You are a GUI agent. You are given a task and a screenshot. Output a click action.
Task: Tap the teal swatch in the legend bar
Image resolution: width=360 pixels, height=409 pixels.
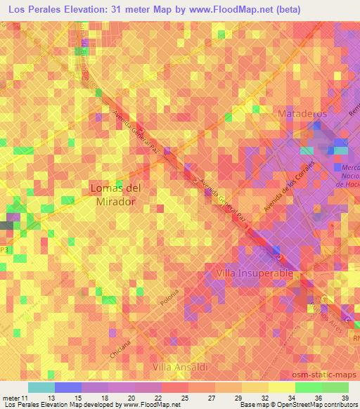coord(41,387)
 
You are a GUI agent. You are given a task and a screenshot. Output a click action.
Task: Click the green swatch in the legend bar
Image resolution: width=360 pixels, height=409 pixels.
coord(321,387)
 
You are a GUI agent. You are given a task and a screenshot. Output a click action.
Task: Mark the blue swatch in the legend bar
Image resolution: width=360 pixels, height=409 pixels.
coord(67,387)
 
